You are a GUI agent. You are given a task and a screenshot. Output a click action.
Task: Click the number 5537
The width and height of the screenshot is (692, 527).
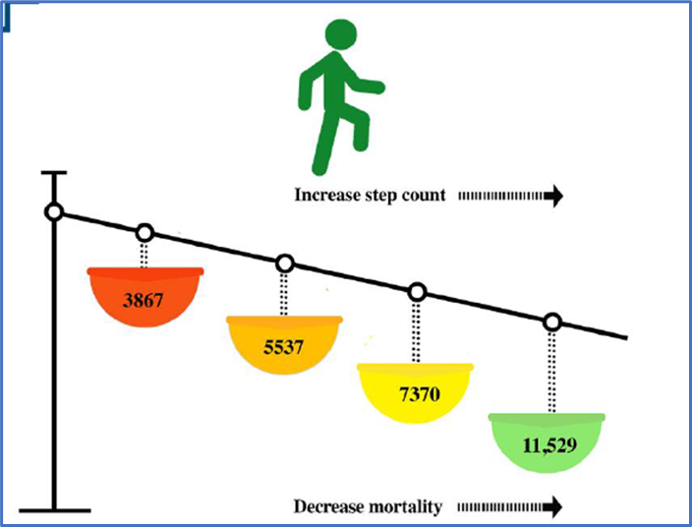[x=284, y=347]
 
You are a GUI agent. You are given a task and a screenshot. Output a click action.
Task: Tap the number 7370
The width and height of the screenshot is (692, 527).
[x=418, y=395]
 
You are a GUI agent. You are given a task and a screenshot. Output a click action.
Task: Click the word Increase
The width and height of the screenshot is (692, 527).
[x=322, y=196]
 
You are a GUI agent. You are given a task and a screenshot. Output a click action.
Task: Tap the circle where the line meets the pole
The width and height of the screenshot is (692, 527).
[x=55, y=212]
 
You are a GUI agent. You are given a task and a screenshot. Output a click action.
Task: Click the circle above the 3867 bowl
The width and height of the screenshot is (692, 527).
[x=144, y=233]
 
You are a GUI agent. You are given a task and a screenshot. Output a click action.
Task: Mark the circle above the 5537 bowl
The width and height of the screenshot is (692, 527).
[x=285, y=263]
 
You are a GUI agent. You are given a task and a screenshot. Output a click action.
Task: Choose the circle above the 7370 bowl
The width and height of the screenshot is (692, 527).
[x=418, y=292]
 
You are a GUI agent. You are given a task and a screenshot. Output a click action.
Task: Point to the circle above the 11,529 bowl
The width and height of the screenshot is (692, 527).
[x=552, y=322]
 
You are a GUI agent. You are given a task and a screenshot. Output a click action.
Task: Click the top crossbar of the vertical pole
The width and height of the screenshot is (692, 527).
[x=55, y=174]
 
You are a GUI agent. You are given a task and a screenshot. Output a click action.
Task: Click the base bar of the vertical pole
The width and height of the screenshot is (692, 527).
[x=55, y=509]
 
